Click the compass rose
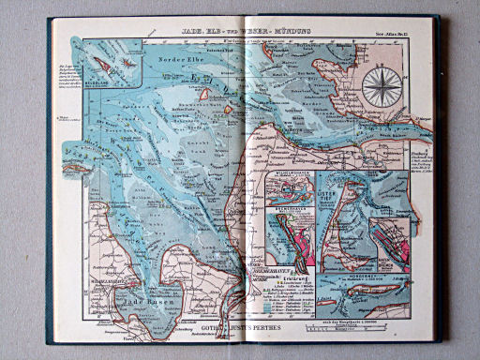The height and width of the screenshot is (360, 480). pyautogui.click(x=380, y=90)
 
